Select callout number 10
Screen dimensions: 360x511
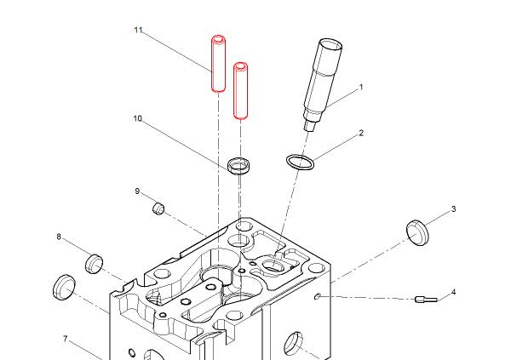pos(136,118)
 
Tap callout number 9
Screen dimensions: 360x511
pos(136,191)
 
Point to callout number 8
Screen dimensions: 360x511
pos(59,237)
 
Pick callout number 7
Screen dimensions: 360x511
pos(65,339)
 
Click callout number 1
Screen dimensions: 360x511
pos(361,87)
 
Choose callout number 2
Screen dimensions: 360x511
pos(361,133)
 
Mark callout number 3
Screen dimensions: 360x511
pos(454,209)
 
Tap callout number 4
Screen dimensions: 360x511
pos(454,292)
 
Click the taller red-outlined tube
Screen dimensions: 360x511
pos(218,62)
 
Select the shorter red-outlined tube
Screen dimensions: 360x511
pos(241,89)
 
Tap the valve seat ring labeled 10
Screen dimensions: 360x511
pos(241,164)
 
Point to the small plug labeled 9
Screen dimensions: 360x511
pos(158,209)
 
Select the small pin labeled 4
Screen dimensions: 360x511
pos(425,299)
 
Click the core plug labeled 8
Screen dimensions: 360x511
pos(94,263)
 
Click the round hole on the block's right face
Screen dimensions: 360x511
pos(292,343)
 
